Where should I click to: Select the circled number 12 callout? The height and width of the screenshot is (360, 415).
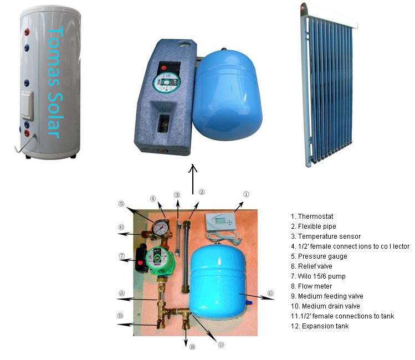pyautogui.click(x=270, y=294)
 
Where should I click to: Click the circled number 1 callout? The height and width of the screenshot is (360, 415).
pyautogui.click(x=246, y=194)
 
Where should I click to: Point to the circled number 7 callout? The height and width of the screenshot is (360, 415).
pyautogui.click(x=121, y=256)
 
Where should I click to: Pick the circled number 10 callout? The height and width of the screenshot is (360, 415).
pyautogui.click(x=192, y=347)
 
